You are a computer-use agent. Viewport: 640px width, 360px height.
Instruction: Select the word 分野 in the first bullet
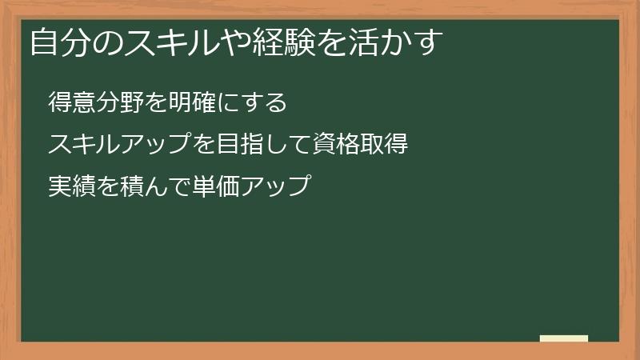(x=121, y=103)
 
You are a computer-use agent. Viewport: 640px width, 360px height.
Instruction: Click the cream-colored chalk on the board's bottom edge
(x=564, y=338)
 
